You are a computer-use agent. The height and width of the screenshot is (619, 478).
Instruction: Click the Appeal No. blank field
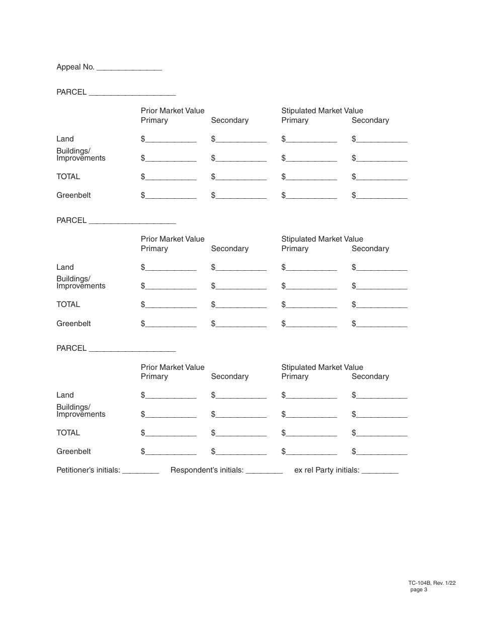[x=129, y=67]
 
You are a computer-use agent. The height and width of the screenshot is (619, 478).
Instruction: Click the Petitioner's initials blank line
[x=141, y=471]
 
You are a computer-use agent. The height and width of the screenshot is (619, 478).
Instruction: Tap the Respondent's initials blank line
[x=264, y=471]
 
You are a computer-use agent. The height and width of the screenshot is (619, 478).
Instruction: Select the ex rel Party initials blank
[x=380, y=471]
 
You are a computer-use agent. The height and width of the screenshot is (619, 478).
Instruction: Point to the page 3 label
[x=419, y=590]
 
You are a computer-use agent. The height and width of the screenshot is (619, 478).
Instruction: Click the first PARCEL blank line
[x=132, y=93]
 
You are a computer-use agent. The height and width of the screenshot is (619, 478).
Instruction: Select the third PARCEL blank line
[x=132, y=348]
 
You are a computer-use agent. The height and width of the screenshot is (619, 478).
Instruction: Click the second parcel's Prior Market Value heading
[x=173, y=239]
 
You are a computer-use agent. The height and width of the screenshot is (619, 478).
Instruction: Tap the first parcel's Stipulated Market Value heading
[x=322, y=111]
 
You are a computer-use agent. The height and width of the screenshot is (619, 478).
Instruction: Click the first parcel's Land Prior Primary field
[x=171, y=139]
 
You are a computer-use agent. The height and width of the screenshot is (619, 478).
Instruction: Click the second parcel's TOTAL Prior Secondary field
[x=241, y=304]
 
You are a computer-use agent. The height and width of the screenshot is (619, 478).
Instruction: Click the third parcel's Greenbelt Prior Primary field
[x=171, y=451]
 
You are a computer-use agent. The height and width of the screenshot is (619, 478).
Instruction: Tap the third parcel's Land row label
[x=65, y=395]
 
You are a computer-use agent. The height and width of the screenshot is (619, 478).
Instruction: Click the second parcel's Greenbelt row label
[x=73, y=324]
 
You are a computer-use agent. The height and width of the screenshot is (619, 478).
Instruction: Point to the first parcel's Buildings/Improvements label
[x=81, y=154]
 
